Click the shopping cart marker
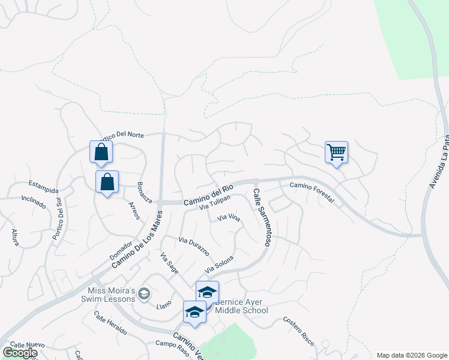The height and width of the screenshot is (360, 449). click(336, 152)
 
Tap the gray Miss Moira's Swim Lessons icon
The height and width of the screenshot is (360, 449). click(143, 294)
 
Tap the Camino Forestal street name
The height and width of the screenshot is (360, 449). click(312, 193)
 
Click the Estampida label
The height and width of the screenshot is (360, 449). click(45, 184)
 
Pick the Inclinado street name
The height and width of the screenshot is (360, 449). click(34, 202)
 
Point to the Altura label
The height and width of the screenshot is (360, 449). click(16, 238)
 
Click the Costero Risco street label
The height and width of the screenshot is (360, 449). click(299, 329)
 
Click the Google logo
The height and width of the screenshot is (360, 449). click(20, 353)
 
